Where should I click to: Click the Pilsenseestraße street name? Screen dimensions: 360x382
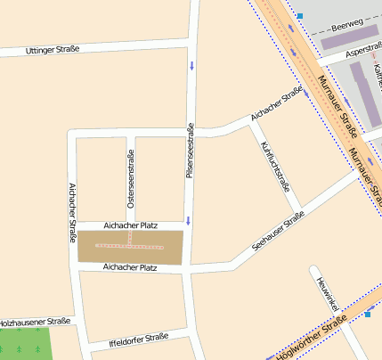190,151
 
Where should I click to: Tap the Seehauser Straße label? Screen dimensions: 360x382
278,231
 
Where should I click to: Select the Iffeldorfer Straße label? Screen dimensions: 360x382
138,338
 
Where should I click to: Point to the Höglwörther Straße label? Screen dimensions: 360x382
311,341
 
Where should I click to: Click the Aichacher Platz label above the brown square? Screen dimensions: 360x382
130,226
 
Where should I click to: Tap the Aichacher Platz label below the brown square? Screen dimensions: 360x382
130,266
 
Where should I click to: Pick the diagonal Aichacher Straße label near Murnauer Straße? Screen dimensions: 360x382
277,104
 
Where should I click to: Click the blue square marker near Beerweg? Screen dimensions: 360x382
300,16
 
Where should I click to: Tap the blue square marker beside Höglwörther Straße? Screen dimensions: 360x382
367,314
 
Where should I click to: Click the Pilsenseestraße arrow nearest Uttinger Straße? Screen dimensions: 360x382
190,64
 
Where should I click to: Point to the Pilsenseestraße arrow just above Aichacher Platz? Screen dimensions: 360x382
189,220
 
